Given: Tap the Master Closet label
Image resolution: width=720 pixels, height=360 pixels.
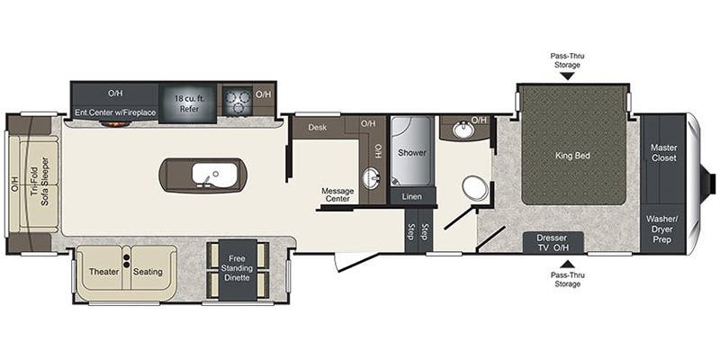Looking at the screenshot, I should [663, 152].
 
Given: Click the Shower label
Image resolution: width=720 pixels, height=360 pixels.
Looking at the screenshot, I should [412, 152].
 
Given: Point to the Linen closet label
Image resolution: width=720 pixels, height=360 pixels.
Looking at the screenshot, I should [412, 196].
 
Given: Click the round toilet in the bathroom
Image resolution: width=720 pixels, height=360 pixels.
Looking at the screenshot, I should [474, 189].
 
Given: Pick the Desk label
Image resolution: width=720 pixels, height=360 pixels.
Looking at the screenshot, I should [317, 127].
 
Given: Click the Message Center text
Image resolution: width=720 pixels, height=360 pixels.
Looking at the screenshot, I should [338, 195].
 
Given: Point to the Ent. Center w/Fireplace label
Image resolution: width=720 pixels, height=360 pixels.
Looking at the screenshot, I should [115, 112].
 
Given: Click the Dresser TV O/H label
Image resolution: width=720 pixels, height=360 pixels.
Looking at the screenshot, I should [553, 242].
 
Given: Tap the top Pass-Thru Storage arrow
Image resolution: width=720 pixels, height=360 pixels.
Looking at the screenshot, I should [567, 76].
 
